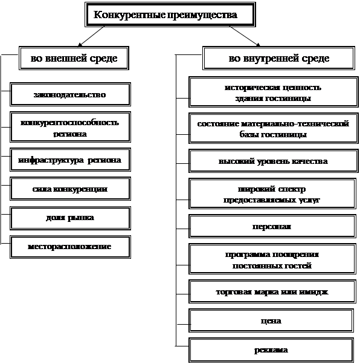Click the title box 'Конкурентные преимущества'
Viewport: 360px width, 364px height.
[170, 15]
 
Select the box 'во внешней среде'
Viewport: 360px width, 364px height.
[74, 58]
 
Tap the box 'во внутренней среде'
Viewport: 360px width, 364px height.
[278, 58]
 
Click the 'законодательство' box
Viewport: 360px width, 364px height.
[70, 94]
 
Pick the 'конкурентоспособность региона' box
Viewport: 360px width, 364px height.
[70, 127]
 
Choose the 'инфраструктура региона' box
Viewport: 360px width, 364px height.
[70, 160]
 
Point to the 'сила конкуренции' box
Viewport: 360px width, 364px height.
[70, 189]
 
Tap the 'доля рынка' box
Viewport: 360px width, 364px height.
[70, 218]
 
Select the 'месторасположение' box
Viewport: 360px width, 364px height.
[70, 247]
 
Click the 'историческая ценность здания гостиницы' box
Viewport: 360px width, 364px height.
[274, 92]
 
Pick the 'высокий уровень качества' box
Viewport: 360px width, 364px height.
[274, 161]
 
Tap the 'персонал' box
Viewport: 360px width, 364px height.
[272, 226]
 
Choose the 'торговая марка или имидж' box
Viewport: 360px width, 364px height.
[272, 291]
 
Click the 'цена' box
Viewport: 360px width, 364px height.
[271, 320]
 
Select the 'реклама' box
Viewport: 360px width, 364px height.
[271, 350]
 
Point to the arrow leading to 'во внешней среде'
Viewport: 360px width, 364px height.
[91, 36]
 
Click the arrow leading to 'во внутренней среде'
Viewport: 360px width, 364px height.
[245, 36]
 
